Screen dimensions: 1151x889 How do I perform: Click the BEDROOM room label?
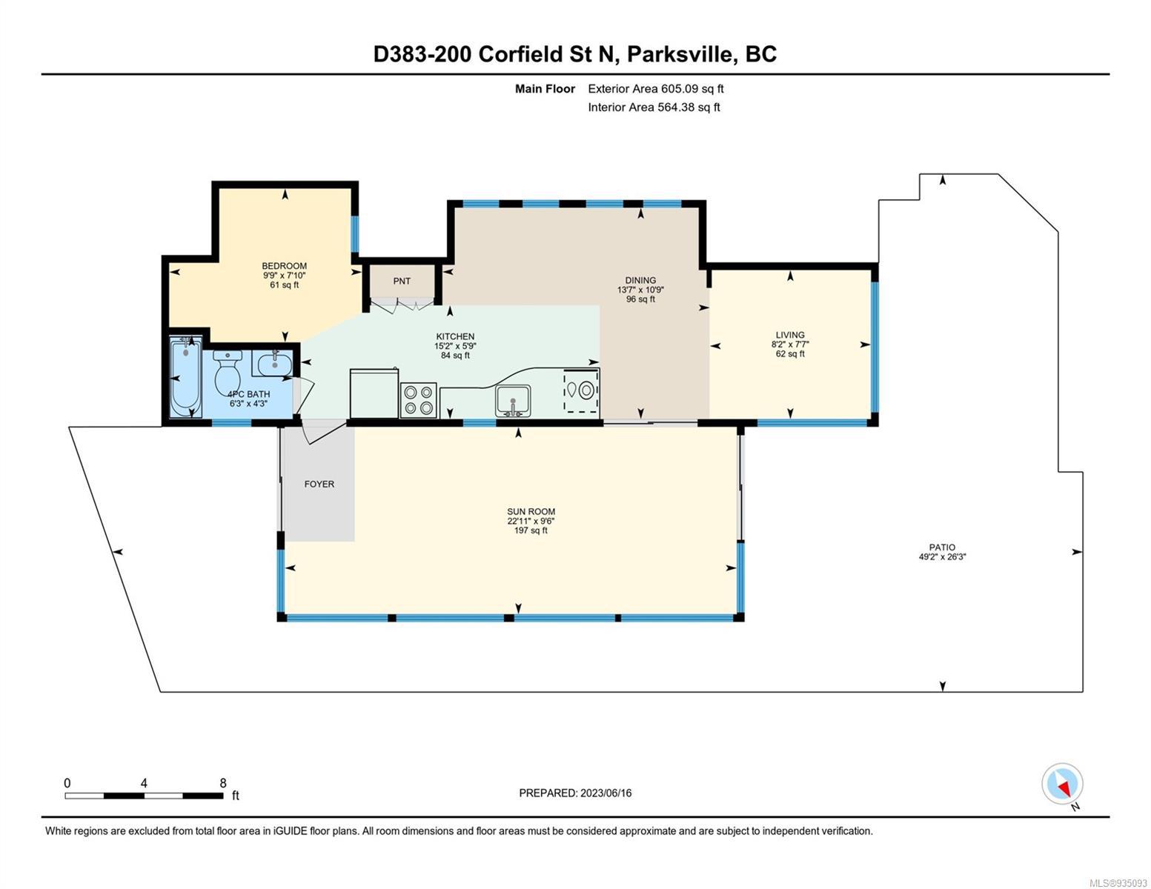coord(284,266)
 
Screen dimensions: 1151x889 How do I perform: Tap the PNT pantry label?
coord(402,282)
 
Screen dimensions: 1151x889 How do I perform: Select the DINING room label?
coord(640,280)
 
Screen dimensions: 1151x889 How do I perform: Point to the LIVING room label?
coord(790,335)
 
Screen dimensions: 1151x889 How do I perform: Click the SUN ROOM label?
coord(531,511)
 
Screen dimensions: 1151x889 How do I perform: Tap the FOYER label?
coord(319,484)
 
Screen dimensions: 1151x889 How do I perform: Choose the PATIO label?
coord(942,547)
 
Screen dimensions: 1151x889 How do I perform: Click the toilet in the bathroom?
coord(228,372)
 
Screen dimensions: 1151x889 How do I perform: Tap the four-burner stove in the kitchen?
coord(418,400)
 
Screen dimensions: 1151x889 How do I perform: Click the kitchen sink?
coord(513,401)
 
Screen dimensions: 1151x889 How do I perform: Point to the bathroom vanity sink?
coord(274,363)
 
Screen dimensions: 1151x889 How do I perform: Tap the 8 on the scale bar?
coord(223,783)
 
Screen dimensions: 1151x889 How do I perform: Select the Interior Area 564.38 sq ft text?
coord(654,107)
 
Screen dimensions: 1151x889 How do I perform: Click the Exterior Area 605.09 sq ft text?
coord(655,89)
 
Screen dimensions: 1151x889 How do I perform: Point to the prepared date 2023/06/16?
coord(606,793)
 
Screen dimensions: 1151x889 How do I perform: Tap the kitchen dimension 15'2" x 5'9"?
coord(455,346)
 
